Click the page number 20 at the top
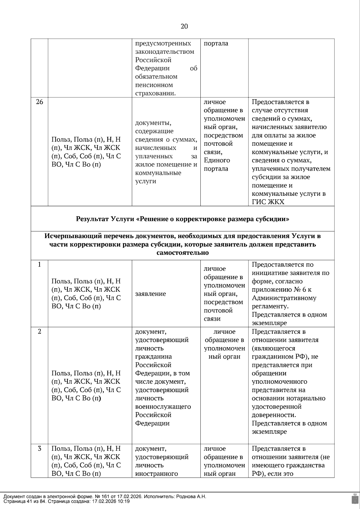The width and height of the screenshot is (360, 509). click(x=184, y=26)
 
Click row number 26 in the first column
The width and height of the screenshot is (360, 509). click(x=39, y=102)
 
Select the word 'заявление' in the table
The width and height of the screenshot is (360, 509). click(x=150, y=294)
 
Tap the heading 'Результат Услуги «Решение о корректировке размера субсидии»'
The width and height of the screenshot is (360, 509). click(x=182, y=219)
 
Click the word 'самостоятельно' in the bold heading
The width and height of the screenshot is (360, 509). click(x=182, y=253)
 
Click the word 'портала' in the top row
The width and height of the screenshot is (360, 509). click(x=216, y=43)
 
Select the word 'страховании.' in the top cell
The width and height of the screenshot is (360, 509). click(x=155, y=94)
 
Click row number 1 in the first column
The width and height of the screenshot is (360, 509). click(x=39, y=265)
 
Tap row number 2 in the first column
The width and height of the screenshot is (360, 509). click(x=39, y=332)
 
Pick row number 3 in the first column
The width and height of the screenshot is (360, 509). click(x=39, y=448)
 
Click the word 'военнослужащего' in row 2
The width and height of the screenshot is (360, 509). click(x=163, y=407)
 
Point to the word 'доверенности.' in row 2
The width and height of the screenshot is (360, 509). click(x=274, y=415)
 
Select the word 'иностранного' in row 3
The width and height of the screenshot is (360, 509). click(x=156, y=474)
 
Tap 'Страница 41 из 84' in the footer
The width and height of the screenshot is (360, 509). click(x=24, y=501)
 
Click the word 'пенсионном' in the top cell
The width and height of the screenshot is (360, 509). click(x=154, y=85)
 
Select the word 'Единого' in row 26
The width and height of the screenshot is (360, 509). click(x=217, y=160)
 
